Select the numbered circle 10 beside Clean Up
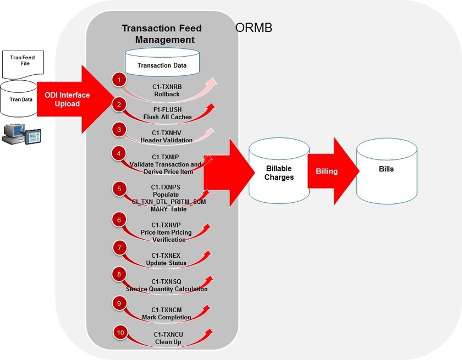[x=120, y=332]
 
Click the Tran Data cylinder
[x=18, y=99]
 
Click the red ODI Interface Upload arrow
[x=69, y=99]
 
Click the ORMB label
[x=254, y=28]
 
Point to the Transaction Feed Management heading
[x=162, y=34]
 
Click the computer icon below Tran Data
[x=21, y=134]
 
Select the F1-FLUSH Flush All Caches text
[x=167, y=113]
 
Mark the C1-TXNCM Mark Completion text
[x=167, y=313]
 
